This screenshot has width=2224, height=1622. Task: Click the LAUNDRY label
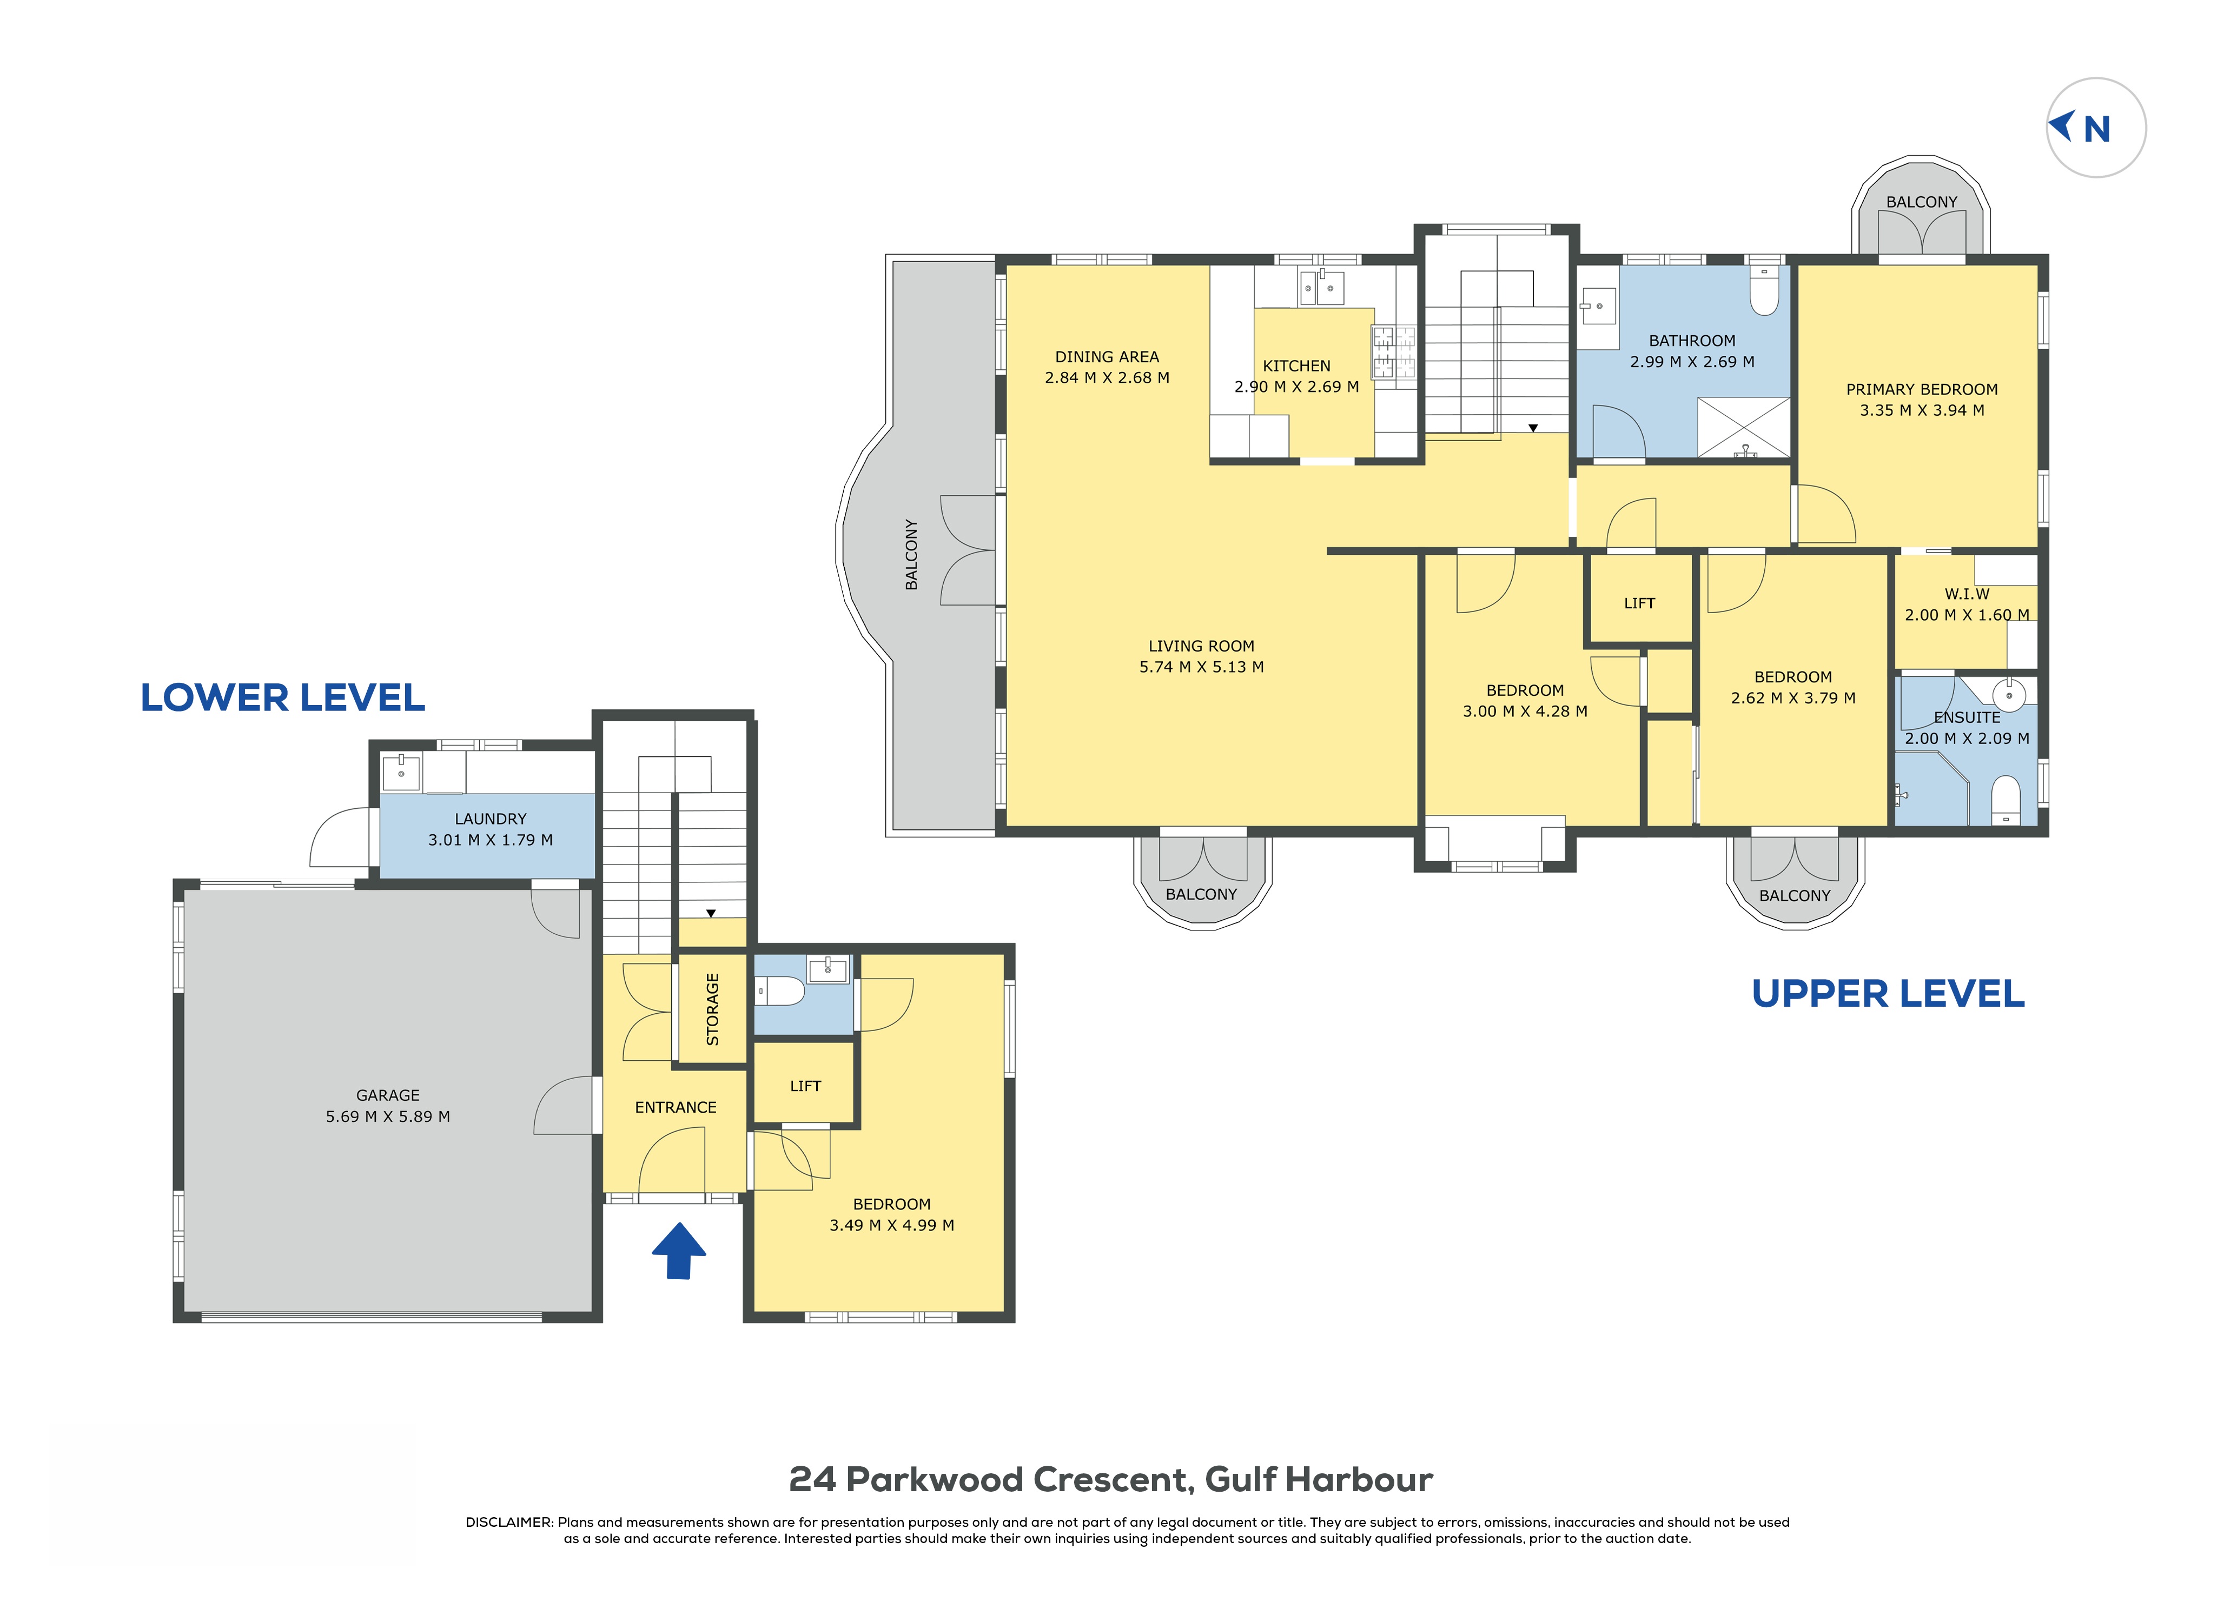pyautogui.click(x=490, y=819)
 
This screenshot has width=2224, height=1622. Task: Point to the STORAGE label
pyautogui.click(x=713, y=1009)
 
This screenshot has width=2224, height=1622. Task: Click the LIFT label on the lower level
pyautogui.click(x=805, y=1086)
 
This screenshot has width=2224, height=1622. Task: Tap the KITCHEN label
pyautogui.click(x=1296, y=366)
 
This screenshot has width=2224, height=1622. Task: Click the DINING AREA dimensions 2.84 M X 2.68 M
pyautogui.click(x=1107, y=378)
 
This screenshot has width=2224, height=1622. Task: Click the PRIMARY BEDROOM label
pyautogui.click(x=1922, y=390)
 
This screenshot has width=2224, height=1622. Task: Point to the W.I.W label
pyautogui.click(x=1967, y=594)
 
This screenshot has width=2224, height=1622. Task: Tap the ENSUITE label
pyautogui.click(x=1967, y=717)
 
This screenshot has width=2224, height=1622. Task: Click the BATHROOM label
pyautogui.click(x=1692, y=341)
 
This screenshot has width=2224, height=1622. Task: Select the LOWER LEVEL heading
pyautogui.click(x=283, y=698)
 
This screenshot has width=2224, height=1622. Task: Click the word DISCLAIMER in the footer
pyautogui.click(x=508, y=1523)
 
